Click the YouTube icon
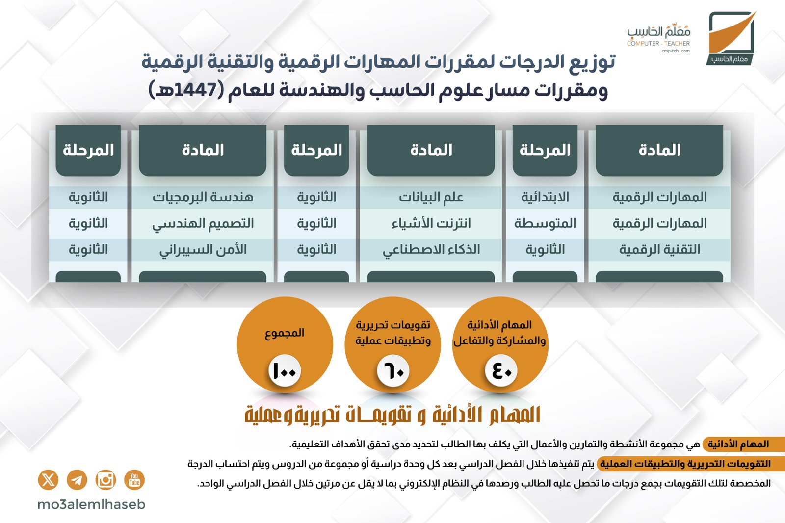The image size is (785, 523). [x=134, y=480]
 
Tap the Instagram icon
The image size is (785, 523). [x=105, y=480]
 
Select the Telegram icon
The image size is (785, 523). [x=77, y=480]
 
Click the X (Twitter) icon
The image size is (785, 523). [x=49, y=480]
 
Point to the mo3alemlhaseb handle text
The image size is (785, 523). [x=91, y=505]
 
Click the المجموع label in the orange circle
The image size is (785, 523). [x=285, y=333]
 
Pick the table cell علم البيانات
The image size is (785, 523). [x=431, y=197]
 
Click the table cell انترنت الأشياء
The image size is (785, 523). [x=431, y=223]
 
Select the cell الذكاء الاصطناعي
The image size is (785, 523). [x=431, y=250]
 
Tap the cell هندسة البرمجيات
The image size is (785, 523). [x=203, y=197]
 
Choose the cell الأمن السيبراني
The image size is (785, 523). [x=203, y=250]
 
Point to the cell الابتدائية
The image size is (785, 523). [x=545, y=197]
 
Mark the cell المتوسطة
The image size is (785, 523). [x=545, y=223]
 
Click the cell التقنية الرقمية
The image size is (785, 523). [x=659, y=250]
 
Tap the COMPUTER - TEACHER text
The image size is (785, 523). [x=658, y=44]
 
